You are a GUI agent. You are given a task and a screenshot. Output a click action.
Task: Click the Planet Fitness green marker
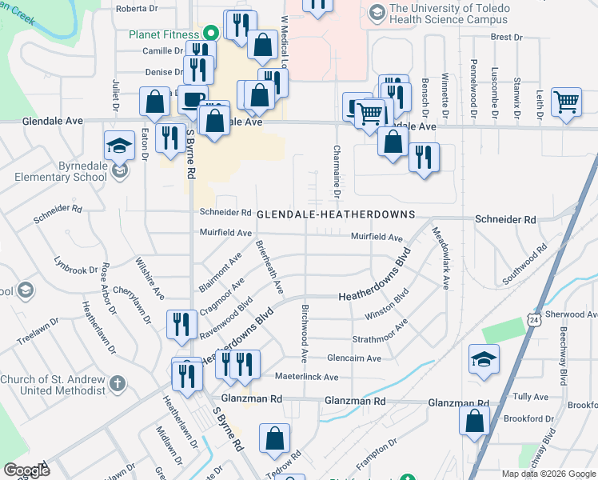211,33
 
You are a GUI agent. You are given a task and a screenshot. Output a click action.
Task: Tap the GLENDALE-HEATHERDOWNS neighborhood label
336,214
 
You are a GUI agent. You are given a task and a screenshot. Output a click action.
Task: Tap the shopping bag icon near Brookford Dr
475,420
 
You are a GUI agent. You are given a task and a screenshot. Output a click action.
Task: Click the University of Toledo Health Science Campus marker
377,13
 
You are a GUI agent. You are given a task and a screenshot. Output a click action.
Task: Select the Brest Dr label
506,37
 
